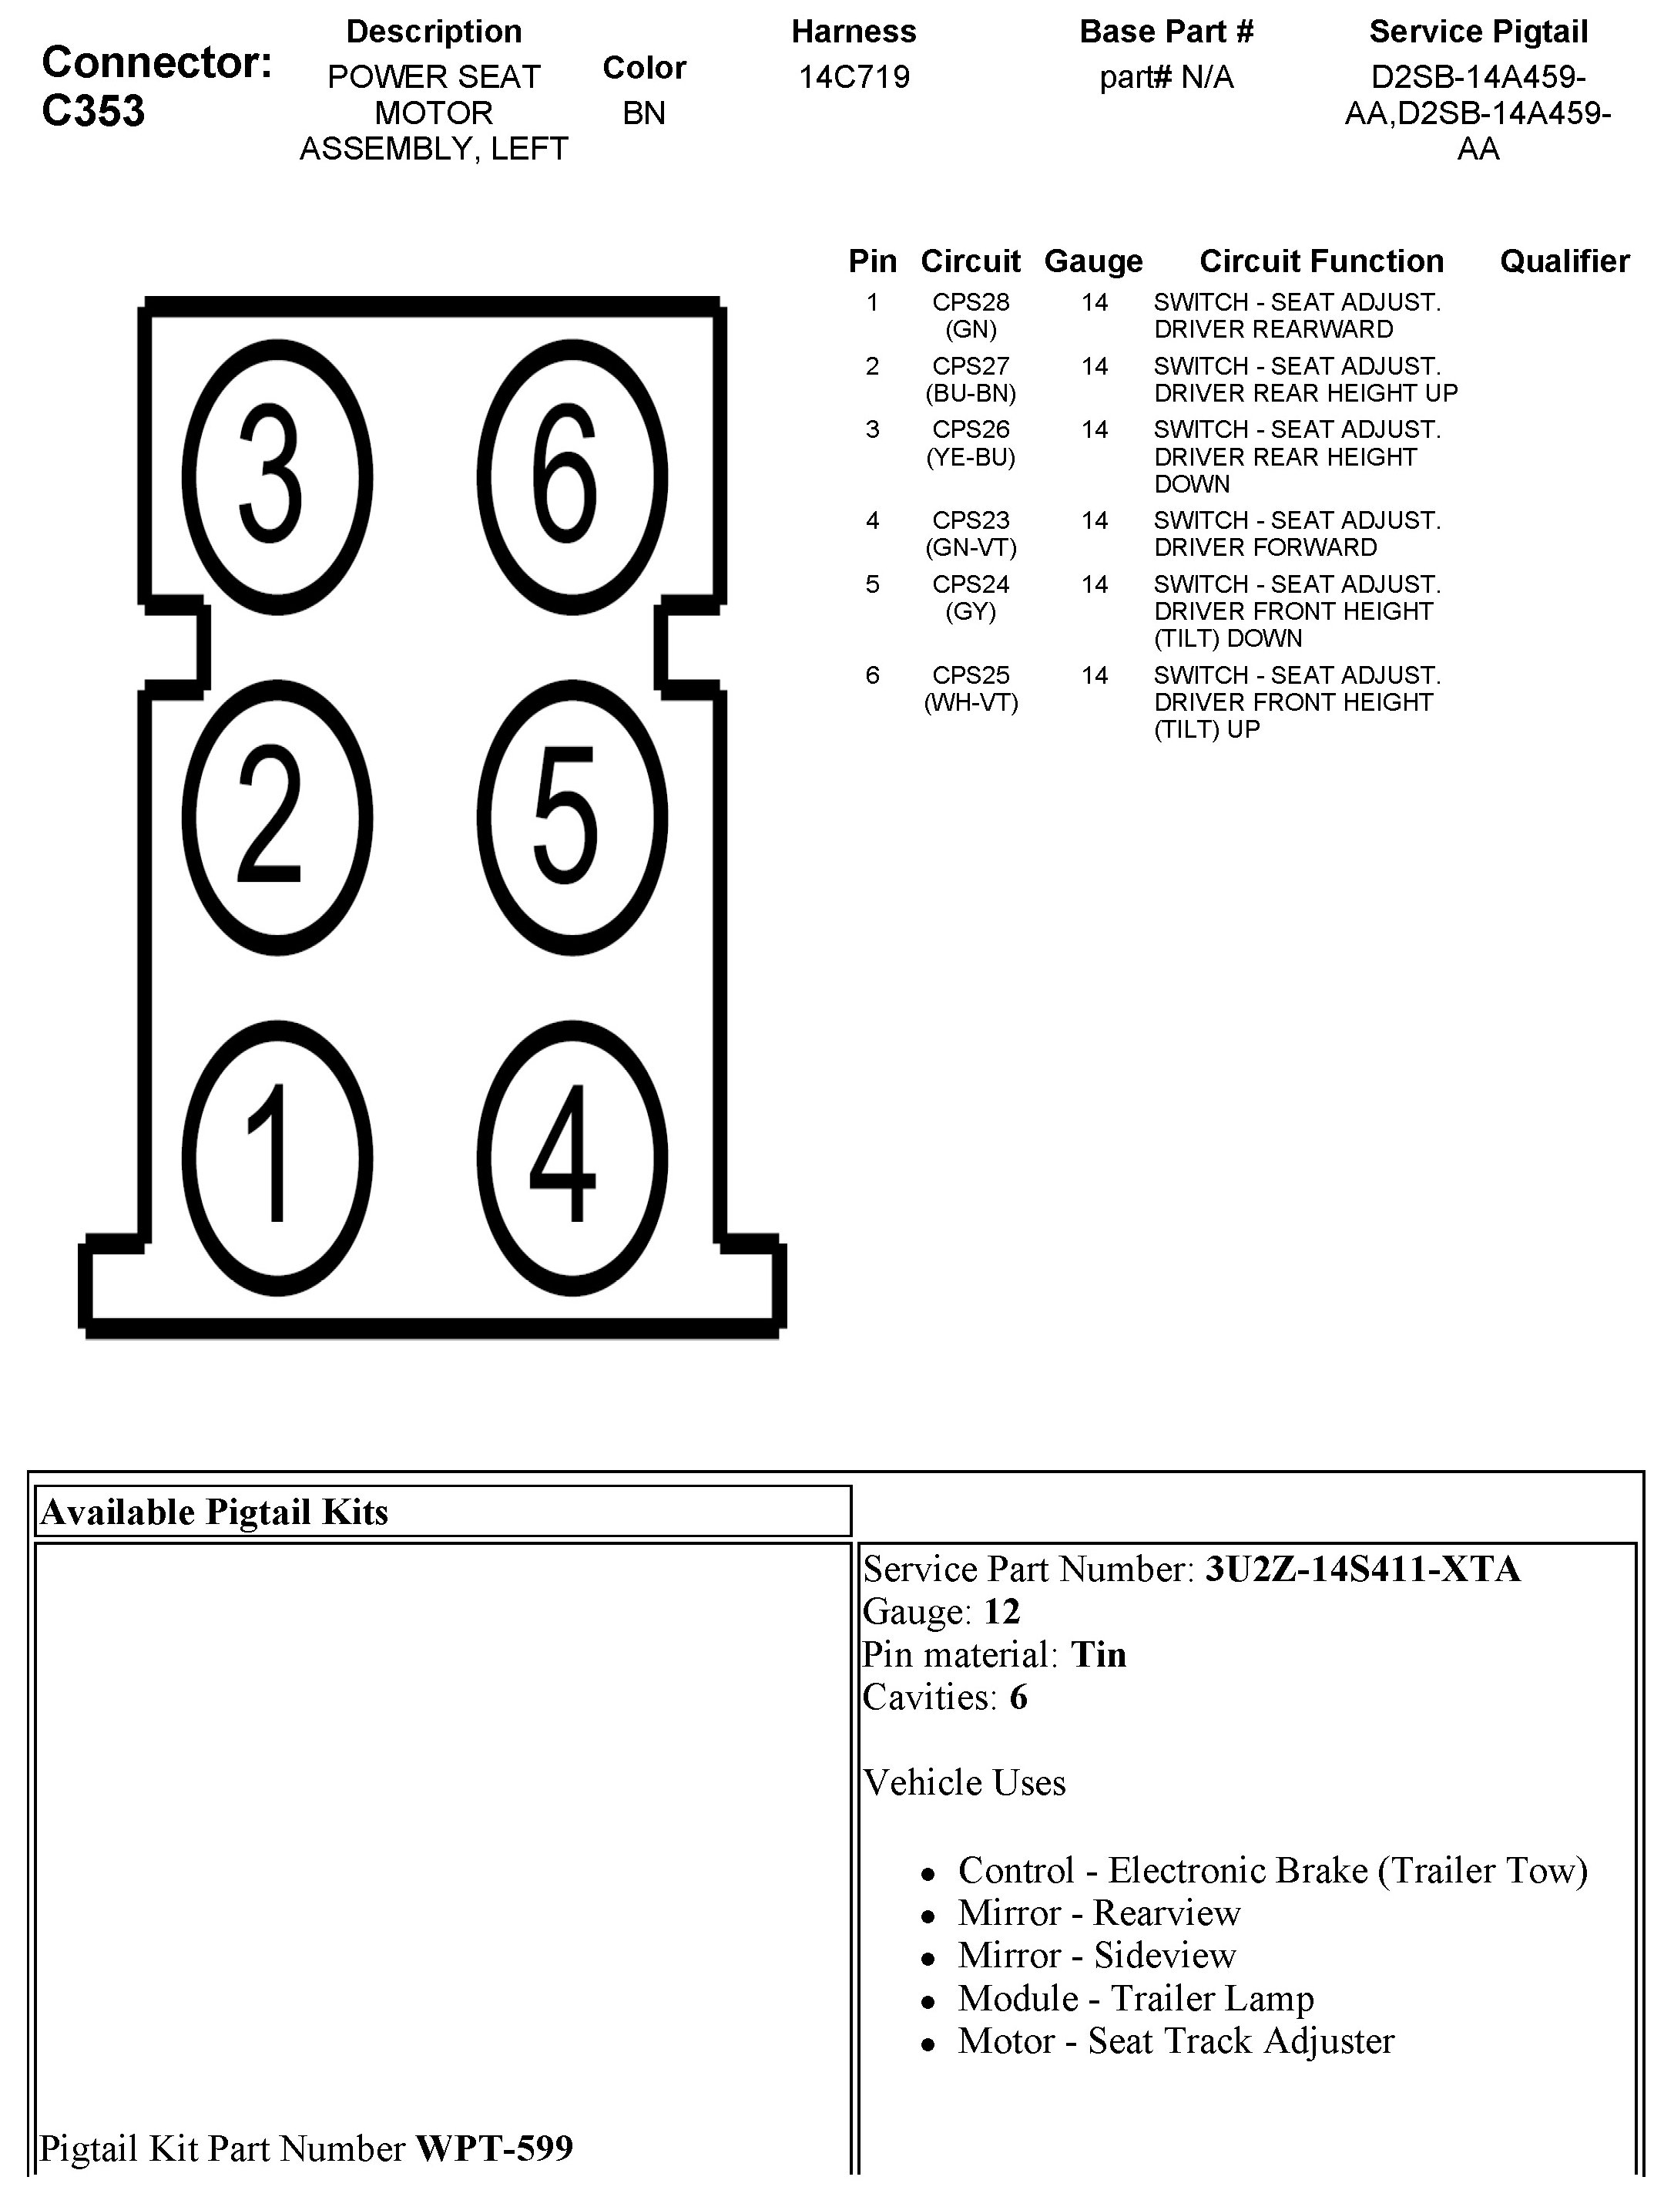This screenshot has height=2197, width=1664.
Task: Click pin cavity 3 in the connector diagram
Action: [x=277, y=475]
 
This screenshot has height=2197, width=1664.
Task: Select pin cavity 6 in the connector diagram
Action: [x=572, y=475]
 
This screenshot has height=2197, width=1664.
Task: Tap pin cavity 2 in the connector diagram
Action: [x=277, y=816]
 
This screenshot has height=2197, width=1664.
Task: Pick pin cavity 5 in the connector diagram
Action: [x=572, y=816]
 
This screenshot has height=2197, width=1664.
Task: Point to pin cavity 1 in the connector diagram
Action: [x=277, y=1158]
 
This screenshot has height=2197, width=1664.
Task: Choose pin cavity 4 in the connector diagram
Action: [x=572, y=1158]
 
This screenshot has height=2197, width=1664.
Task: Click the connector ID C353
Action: [x=92, y=111]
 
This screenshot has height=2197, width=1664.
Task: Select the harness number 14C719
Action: [x=854, y=77]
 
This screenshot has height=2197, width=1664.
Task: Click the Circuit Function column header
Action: [x=1320, y=261]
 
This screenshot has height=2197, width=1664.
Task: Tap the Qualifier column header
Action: [x=1564, y=261]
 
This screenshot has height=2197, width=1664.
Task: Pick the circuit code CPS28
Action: [x=970, y=302]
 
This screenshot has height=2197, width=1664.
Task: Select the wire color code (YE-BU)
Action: [x=970, y=457]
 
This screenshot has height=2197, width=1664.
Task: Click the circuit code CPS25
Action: [x=970, y=675]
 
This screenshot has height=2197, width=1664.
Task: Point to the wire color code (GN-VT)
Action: [x=970, y=547]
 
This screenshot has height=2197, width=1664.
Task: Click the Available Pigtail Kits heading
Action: [x=214, y=1512]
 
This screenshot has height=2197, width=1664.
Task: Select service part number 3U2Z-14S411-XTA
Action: [x=1362, y=1570]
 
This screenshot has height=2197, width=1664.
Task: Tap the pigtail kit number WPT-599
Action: [x=494, y=2148]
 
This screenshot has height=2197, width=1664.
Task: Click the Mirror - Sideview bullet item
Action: [x=1096, y=1956]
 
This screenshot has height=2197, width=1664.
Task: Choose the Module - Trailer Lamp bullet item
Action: [x=1135, y=1998]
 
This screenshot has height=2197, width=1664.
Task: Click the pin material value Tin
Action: [x=1098, y=1655]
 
